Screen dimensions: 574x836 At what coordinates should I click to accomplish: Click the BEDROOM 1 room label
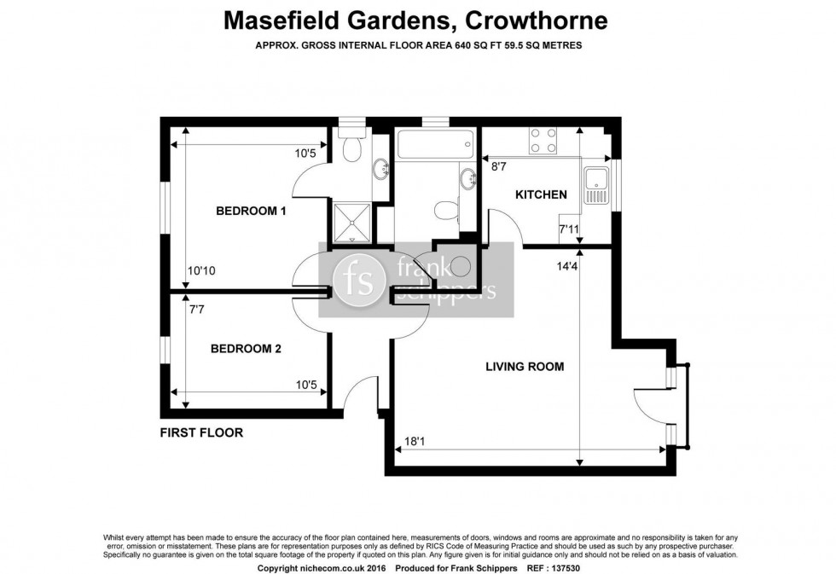pos(250,211)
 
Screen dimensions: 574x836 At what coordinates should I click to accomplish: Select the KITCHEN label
pos(541,194)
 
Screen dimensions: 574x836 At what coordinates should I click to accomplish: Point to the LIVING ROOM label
pos(525,367)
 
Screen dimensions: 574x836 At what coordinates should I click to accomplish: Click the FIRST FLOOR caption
pos(201,432)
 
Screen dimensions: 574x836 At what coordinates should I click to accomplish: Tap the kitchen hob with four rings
pos(543,140)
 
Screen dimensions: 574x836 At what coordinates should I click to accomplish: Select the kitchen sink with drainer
pos(595,186)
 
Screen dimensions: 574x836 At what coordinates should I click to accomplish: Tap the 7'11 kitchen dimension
pos(569,229)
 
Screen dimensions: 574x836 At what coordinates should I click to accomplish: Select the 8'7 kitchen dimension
pos(499,169)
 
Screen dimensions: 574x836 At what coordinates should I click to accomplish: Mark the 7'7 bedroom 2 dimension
pos(198,310)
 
